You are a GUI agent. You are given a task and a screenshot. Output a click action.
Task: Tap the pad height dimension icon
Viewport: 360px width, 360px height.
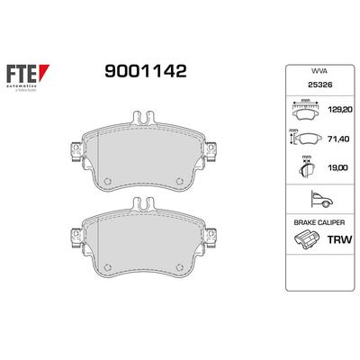301,140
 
